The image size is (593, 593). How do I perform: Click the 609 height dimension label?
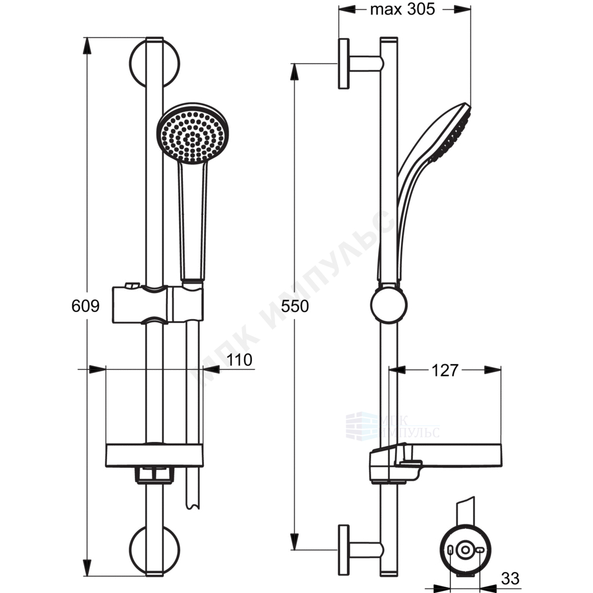tap(86, 306)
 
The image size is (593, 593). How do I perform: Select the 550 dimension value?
tap(295, 306)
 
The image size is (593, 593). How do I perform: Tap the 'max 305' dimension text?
tap(402, 9)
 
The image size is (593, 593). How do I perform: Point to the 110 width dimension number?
tap(239, 360)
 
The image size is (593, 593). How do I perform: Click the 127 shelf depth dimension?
tap(445, 370)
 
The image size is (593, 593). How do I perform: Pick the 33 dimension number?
tap(510, 579)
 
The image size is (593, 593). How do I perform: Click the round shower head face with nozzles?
tap(193, 134)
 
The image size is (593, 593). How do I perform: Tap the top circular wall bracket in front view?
tap(154, 63)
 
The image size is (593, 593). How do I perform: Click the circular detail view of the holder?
tap(465, 550)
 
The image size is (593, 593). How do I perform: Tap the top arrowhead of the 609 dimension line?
tap(87, 45)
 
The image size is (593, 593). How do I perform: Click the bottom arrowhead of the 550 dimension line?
tap(295, 541)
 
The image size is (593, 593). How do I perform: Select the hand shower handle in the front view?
tap(193, 222)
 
